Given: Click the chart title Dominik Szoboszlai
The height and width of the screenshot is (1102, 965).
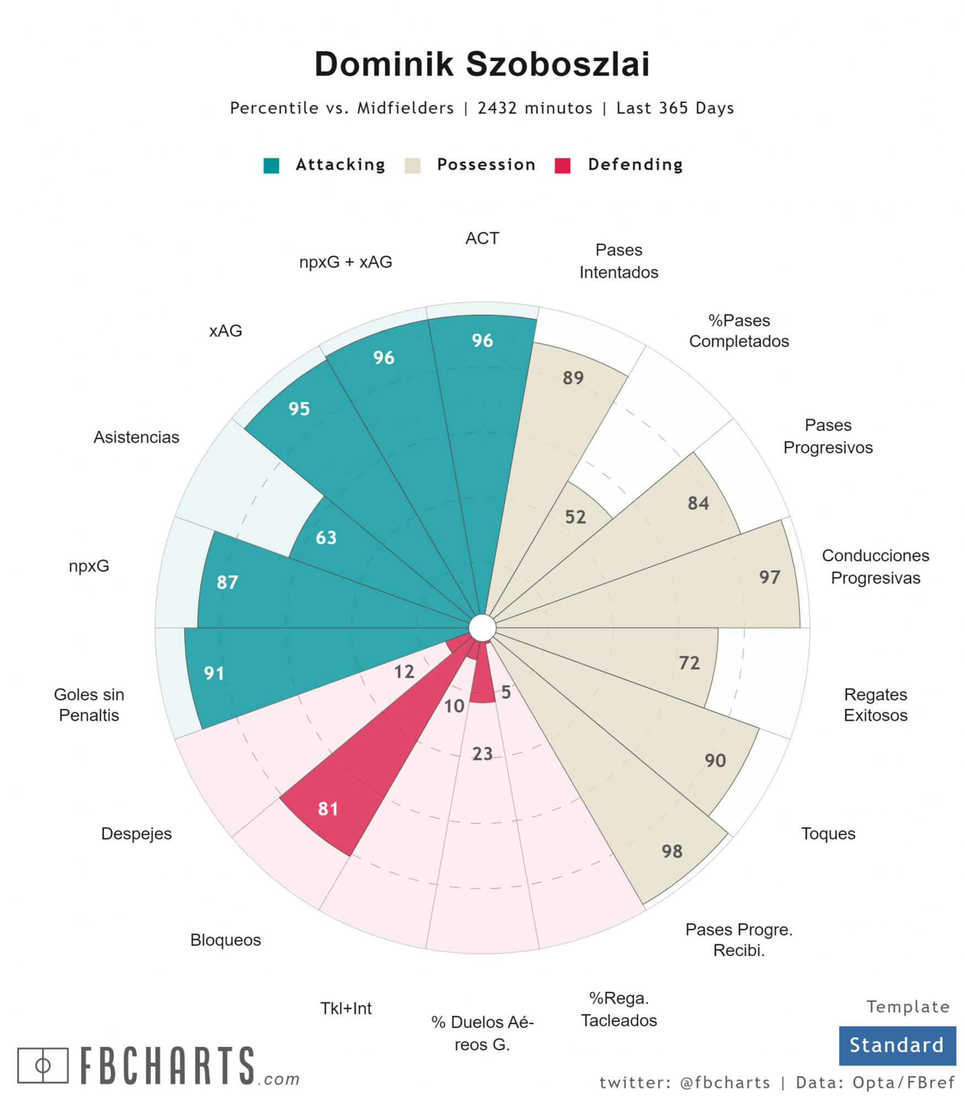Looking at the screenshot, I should pos(482,64).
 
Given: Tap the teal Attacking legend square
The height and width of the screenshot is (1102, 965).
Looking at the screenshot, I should pos(271,165).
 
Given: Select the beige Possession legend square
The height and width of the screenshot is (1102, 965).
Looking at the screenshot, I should pos(412,165).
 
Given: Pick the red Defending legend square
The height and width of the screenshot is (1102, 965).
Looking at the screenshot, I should pos(562,165).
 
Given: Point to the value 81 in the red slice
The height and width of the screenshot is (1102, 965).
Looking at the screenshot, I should pos(328,809).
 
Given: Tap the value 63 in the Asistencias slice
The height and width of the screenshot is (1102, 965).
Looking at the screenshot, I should pos(326,537).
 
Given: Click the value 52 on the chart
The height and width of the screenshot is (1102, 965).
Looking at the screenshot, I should pos(575,517).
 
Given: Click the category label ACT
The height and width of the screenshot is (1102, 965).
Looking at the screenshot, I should pos(482,239).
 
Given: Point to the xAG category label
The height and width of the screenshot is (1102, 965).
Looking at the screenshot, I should pos(226,331).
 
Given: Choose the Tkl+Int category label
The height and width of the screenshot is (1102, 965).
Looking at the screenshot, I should pos(346,1008).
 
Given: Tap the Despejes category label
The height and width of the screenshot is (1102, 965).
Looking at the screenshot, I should pos(136,834).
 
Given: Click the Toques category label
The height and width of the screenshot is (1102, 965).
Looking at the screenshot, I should pos(828,834).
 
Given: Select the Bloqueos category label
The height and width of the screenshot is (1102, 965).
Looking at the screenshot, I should pos(226,940).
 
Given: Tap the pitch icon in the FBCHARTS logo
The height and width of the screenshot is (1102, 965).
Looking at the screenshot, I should pos(43,1065).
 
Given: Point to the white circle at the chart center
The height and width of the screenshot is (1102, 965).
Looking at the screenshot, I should pos(482,628).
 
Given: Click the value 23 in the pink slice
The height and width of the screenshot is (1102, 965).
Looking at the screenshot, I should pos(482,753).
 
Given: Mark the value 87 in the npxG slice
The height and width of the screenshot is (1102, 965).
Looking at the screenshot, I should pos(227,582).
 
